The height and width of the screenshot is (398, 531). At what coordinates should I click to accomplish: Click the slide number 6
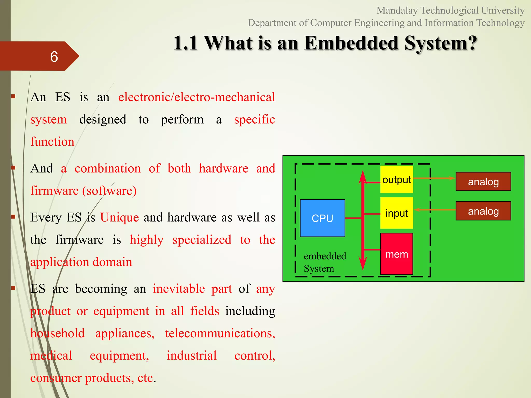click(x=54, y=56)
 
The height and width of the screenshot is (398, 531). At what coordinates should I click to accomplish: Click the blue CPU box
click(x=322, y=218)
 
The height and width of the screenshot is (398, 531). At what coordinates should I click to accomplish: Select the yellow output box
click(x=396, y=179)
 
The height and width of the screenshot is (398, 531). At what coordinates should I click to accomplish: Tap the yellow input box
click(x=396, y=213)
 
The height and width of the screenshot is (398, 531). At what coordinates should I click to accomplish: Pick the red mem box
click(x=396, y=254)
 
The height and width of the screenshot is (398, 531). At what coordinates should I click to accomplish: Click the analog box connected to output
click(x=483, y=181)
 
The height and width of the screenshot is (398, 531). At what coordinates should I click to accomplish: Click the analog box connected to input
click(x=483, y=211)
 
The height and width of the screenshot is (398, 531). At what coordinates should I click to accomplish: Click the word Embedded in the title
click(x=351, y=43)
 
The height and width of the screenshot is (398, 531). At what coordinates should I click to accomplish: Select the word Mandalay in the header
click(x=397, y=11)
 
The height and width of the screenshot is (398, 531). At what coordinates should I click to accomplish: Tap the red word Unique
click(x=120, y=217)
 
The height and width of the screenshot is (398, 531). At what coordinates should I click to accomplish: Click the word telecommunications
click(x=220, y=333)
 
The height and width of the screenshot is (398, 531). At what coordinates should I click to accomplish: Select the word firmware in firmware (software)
click(x=54, y=191)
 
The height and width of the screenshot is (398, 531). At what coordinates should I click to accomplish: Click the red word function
click(x=52, y=142)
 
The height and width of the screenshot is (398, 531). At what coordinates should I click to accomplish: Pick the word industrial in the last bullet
click(x=192, y=356)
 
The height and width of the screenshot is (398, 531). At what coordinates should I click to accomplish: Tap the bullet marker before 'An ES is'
click(x=13, y=97)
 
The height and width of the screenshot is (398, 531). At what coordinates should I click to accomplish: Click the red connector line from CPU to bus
click(x=353, y=218)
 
